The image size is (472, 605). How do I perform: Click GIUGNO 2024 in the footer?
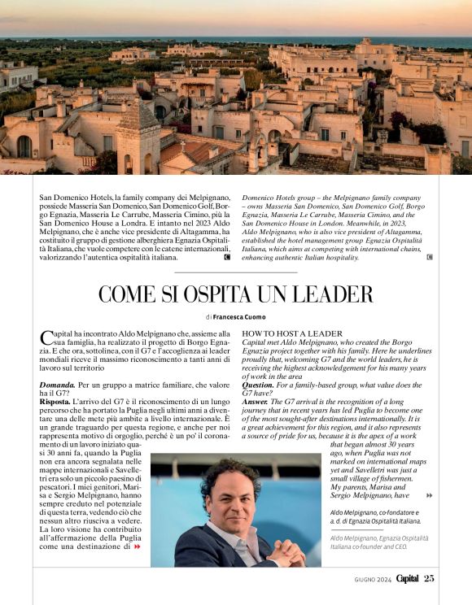[372, 579]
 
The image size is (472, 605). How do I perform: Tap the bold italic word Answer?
[256, 403]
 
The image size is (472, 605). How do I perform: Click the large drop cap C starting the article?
[46, 338]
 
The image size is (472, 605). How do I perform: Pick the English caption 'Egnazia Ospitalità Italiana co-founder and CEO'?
[378, 542]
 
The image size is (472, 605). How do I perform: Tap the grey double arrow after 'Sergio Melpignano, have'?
[430, 495]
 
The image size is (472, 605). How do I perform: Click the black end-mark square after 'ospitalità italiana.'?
[226, 257]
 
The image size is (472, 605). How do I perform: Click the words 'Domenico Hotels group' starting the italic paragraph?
[282, 198]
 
